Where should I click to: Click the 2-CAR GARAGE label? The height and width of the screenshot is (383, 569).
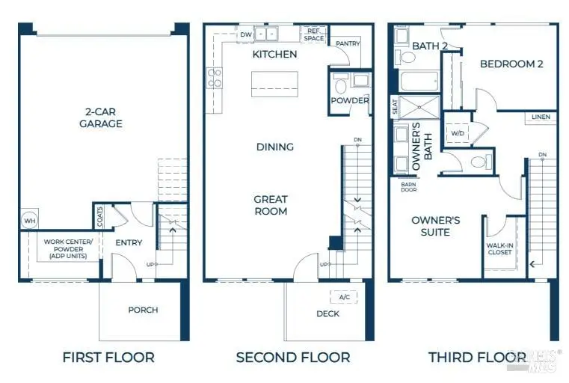coord(101,117)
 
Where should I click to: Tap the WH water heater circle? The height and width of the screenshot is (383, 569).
coord(29,221)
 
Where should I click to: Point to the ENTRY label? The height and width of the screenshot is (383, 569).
coord(129,242)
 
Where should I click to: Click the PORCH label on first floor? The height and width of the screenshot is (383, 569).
coord(143,310)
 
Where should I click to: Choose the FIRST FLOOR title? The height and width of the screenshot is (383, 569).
coord(108,358)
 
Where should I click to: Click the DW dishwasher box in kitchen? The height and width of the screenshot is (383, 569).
coord(245,34)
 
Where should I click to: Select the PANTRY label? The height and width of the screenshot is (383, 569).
coord(348,43)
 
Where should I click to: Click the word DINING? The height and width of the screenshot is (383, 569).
coord(274,147)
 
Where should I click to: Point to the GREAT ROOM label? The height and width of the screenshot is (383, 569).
coord(270,205)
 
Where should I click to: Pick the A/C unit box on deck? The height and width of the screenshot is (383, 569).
coord(344,297)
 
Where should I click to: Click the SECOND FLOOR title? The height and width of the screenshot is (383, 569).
coord(293,358)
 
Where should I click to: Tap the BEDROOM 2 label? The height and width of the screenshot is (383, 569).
coord(511,64)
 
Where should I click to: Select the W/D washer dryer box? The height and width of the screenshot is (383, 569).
coord(456,133)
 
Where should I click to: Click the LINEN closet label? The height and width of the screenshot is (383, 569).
coord(541,117)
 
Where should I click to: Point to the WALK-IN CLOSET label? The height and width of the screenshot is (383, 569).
coord(499,248)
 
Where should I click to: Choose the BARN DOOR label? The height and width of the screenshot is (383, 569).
coord(408,186)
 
